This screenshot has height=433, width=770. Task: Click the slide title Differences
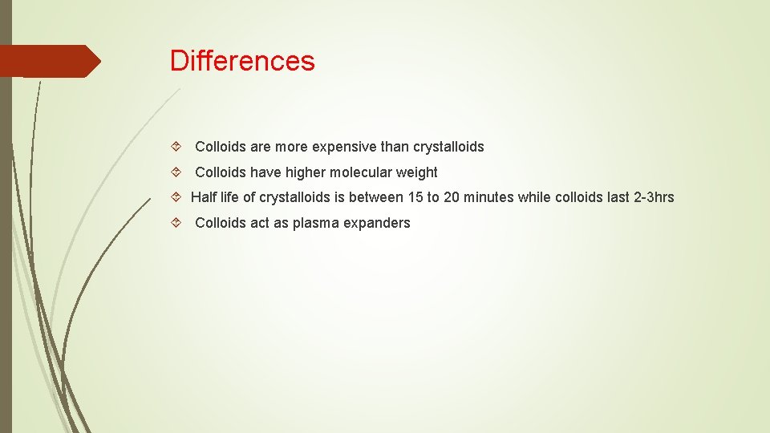tap(242, 61)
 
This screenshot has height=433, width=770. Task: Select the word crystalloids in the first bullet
tap(448, 147)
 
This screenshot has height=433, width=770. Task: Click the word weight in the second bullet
tap(417, 172)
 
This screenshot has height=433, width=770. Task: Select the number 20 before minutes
tap(452, 197)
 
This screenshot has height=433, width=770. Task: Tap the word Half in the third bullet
tap(204, 197)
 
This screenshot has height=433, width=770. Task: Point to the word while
tap(534, 197)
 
